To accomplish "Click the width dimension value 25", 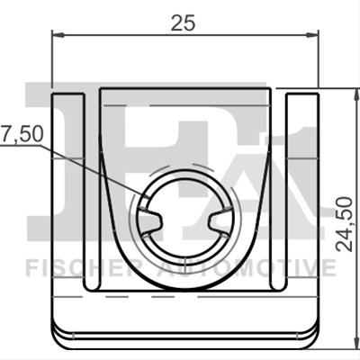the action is point(183,23).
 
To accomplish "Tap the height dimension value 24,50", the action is point(344,224).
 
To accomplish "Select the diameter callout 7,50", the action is point(22,134).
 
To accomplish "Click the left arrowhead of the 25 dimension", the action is point(58,35).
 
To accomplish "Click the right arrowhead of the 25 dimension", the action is point(312,35).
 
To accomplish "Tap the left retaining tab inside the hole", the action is point(151,221).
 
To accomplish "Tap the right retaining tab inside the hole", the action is point(220,221).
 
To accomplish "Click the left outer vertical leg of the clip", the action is point(67,192).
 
